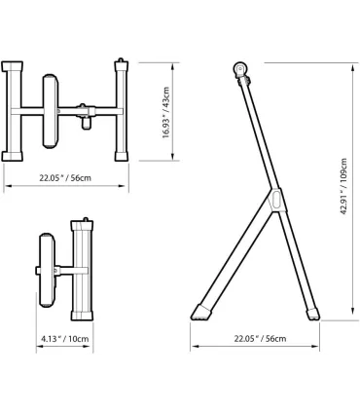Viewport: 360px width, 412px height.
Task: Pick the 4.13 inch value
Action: [x=53, y=338]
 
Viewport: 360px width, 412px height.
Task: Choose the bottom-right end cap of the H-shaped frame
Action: [x=122, y=154]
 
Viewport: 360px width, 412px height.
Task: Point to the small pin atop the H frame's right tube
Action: [x=122, y=60]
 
